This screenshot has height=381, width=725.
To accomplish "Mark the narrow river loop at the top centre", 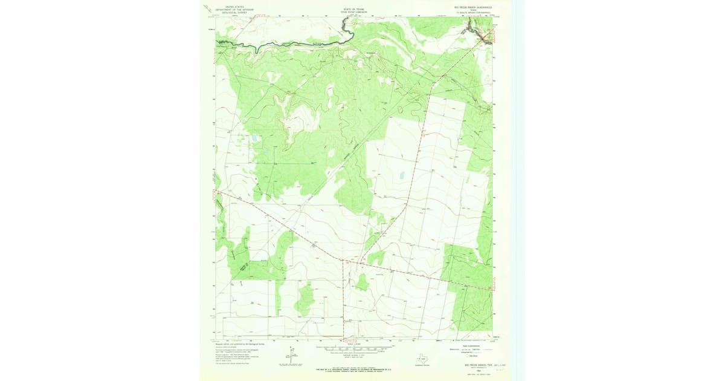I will coord(344,25).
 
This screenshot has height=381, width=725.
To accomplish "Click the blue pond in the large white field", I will coord(401,177).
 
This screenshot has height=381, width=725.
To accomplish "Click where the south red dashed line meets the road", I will coord(343,262).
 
